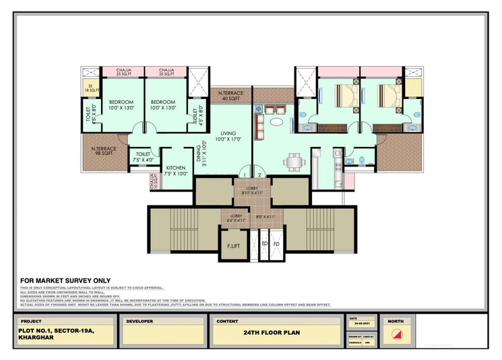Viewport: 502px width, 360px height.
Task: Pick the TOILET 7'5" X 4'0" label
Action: (x=143, y=156)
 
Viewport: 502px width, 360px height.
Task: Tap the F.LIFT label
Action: (x=234, y=245)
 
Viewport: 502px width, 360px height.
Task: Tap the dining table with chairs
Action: (x=293, y=162)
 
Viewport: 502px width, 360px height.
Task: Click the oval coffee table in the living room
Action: (x=276, y=123)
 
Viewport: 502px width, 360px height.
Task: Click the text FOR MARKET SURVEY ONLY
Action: (x=65, y=280)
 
